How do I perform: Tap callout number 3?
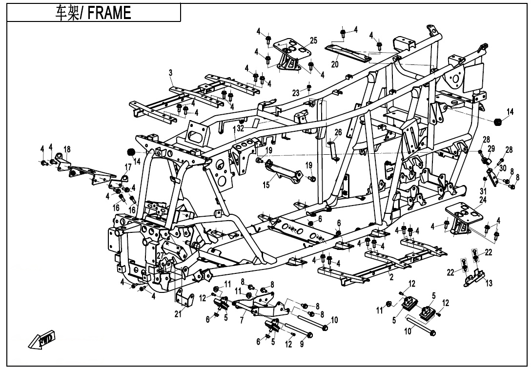pos(170,73)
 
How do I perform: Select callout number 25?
pos(313,40)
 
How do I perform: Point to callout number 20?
pos(335,64)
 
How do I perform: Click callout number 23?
pos(296,93)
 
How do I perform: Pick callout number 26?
pos(338,132)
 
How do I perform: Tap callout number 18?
pos(67,149)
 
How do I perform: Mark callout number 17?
pos(128,167)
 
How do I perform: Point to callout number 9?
pos(302,345)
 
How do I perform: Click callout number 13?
pos(489,283)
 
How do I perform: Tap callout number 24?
pos(483,200)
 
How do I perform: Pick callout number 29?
pos(491,148)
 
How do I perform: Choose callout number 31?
pos(484,191)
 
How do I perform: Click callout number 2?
pos(391,277)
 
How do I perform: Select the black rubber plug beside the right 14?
pos(497,122)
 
